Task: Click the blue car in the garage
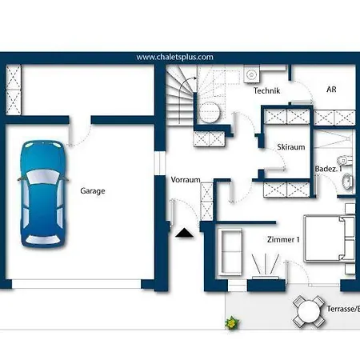click(42, 194)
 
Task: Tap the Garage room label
click(93, 191)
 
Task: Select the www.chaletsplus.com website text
click(175, 57)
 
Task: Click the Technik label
click(266, 90)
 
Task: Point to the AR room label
click(331, 90)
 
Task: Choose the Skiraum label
click(291, 147)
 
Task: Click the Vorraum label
click(186, 180)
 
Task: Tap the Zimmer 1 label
click(283, 239)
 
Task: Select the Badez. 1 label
click(328, 169)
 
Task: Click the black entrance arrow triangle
click(184, 233)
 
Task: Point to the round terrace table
click(309, 312)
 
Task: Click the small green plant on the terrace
click(232, 323)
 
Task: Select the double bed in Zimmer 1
click(330, 238)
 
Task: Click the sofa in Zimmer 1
click(230, 251)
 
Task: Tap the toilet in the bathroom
click(344, 160)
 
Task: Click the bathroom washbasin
click(347, 182)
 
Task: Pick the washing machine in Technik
click(251, 74)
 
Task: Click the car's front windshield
click(42, 177)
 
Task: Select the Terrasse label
click(343, 309)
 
